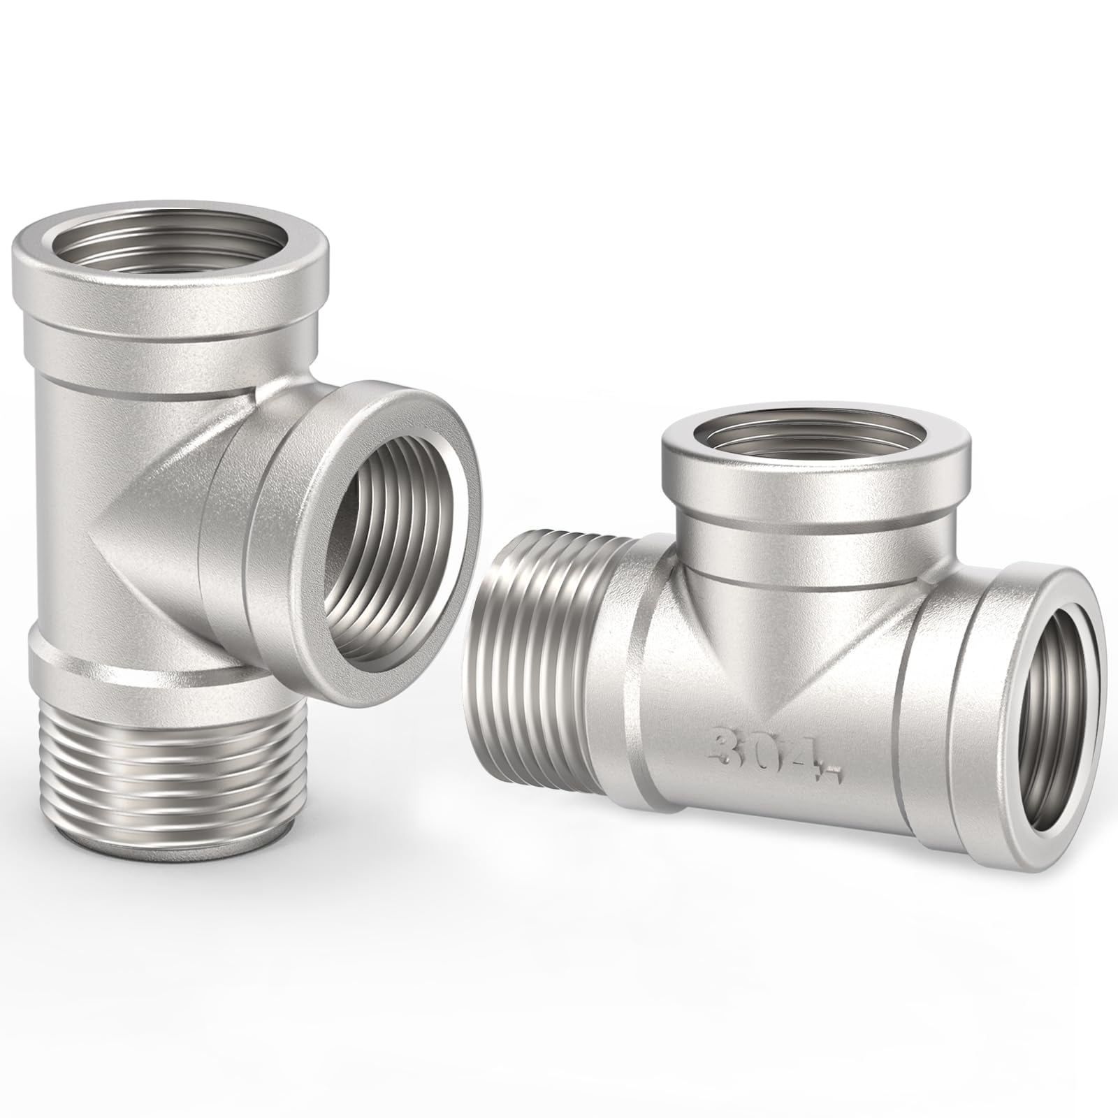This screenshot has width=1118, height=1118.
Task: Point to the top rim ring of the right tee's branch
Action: pyautogui.click(x=814, y=465)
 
